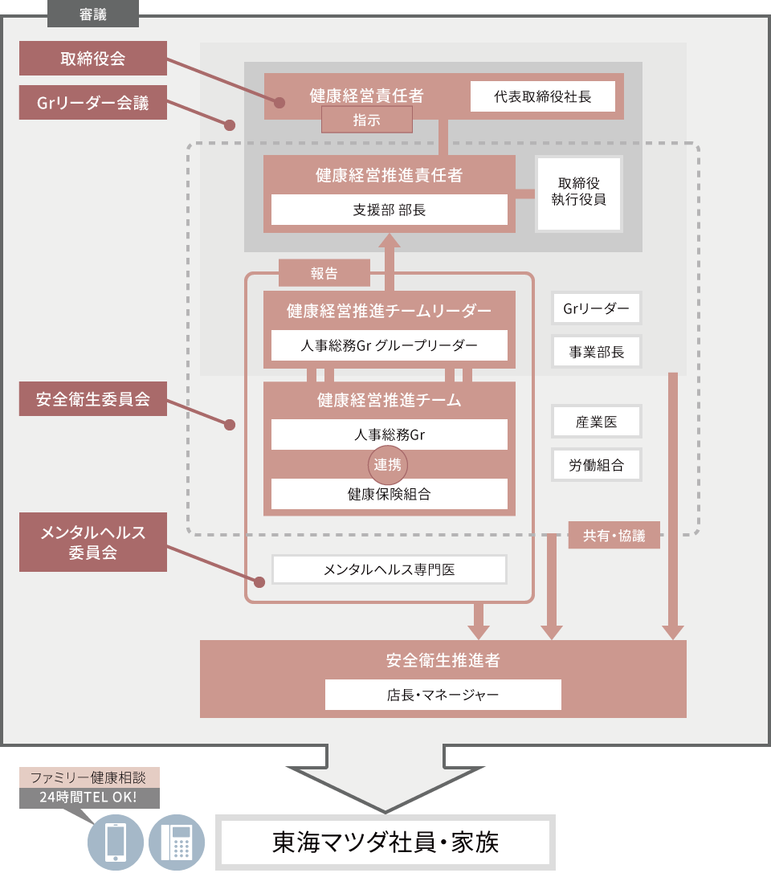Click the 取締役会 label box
coord(93,59)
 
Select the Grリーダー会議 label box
coord(93,103)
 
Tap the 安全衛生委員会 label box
coord(93,399)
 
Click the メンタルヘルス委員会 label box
coord(93,542)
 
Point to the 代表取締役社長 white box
coord(542,96)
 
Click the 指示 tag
coord(366,120)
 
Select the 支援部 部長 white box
coord(390,210)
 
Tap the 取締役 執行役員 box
coord(578,193)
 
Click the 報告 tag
coord(324,273)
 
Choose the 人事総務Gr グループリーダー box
coord(390,345)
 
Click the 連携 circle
coord(389,464)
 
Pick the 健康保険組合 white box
coord(390,494)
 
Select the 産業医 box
coord(596,422)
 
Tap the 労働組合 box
coord(596,464)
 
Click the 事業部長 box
coord(596,351)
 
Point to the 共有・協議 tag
coord(614,536)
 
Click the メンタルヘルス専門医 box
coord(390,569)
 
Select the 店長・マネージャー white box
coord(443,694)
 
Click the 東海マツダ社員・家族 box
coord(385,842)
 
